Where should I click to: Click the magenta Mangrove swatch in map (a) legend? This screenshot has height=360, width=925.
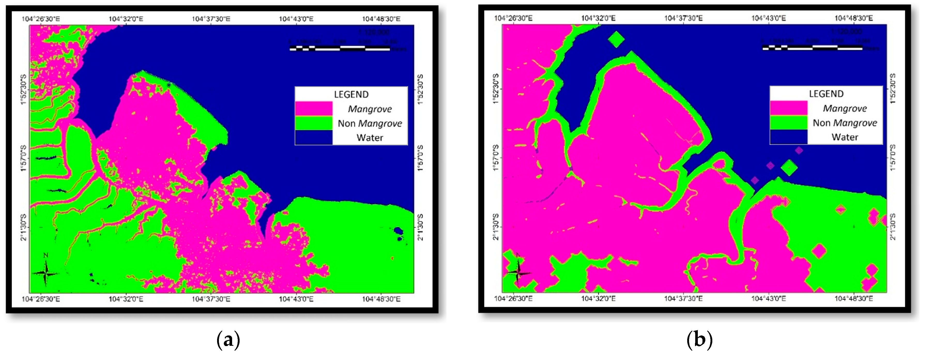tap(314, 109)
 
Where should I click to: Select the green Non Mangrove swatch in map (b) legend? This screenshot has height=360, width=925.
tap(789, 123)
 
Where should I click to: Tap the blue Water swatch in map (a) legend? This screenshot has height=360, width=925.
tap(314, 137)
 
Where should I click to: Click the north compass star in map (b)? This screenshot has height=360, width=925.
tap(518, 273)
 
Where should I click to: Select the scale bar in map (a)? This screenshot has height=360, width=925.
tap(340, 48)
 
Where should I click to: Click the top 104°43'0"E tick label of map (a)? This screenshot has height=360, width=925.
tap(296, 19)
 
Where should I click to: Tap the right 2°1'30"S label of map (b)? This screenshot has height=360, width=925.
tap(893, 227)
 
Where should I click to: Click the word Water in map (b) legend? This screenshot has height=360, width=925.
tap(845, 137)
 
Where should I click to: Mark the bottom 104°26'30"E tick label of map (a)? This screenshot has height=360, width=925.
tap(41, 299)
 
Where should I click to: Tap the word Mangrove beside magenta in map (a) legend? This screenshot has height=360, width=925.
tap(370, 109)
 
